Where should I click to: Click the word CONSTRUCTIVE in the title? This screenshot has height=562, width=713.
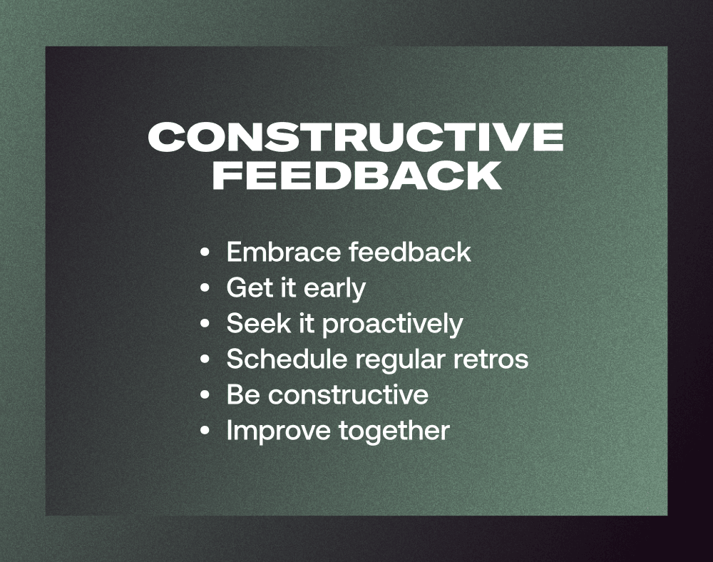tap(356, 136)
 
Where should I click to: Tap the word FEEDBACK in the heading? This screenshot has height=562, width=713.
tap(357, 175)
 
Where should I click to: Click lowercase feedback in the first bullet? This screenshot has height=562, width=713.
tap(410, 252)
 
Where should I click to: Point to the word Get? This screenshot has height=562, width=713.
tap(249, 288)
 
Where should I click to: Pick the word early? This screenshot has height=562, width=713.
tap(334, 289)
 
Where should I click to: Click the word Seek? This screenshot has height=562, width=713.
tap(258, 323)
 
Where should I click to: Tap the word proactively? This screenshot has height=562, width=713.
tap(393, 325)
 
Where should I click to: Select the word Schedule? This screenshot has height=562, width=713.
tap(287, 359)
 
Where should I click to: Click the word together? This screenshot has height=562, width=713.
tap(394, 431)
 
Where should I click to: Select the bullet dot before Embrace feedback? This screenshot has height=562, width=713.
tap(205, 252)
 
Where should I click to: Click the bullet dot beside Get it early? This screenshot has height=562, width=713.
tap(205, 288)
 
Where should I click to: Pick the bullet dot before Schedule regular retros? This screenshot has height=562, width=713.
tap(205, 359)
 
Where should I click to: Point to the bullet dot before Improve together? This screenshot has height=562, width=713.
tap(205, 430)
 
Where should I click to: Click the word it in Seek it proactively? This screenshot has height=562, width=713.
tap(306, 323)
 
